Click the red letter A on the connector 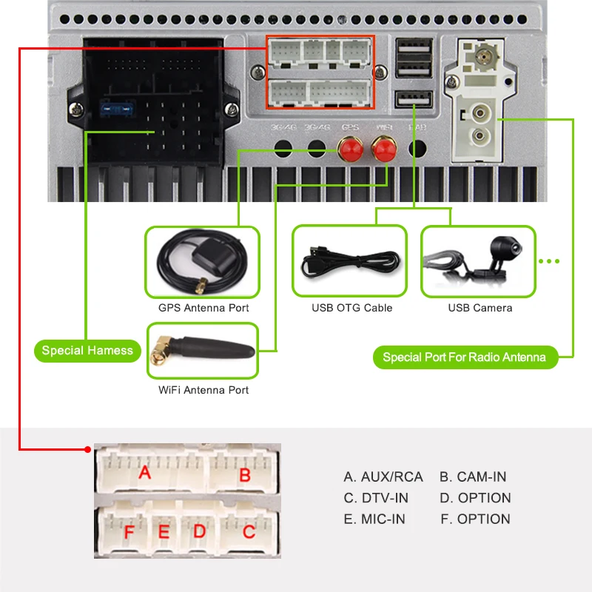(x=145, y=472)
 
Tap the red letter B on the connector (x=245, y=475)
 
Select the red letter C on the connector (x=249, y=531)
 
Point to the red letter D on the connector (x=198, y=531)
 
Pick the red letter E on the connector (x=164, y=532)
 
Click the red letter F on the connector (x=129, y=532)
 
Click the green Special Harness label (x=87, y=351)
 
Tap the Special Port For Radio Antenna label (x=464, y=357)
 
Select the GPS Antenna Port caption (x=203, y=308)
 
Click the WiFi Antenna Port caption (x=203, y=390)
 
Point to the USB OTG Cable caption (x=351, y=308)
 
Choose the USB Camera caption (x=480, y=308)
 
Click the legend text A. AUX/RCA (x=383, y=477)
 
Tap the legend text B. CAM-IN (x=473, y=477)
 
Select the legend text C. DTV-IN (x=376, y=498)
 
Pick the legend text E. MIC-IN (x=374, y=519)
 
